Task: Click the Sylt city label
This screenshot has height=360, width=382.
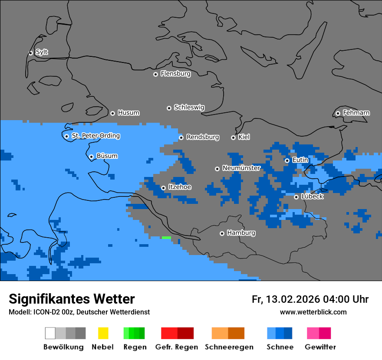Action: pyautogui.click(x=42, y=52)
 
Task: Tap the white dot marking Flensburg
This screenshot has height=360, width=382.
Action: pyautogui.click(x=155, y=74)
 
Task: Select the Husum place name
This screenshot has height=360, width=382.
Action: pyautogui.click(x=128, y=113)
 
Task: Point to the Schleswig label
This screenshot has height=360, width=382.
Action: pyautogui.click(x=189, y=107)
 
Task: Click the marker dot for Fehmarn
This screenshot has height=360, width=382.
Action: pyautogui.click(x=338, y=113)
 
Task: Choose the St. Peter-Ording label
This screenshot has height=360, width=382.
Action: pyautogui.click(x=95, y=136)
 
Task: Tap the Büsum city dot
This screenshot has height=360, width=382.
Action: pyautogui.click(x=91, y=157)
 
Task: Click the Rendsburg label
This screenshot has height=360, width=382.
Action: pyautogui.click(x=203, y=137)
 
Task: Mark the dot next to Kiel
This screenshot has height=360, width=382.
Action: pyautogui.click(x=233, y=137)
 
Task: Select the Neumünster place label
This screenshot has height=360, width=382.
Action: pyautogui.click(x=241, y=168)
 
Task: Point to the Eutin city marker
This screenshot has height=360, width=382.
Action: pyautogui.click(x=287, y=160)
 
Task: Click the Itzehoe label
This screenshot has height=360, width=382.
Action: pyautogui.click(x=180, y=187)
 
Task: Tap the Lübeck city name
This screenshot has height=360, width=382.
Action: pyautogui.click(x=312, y=196)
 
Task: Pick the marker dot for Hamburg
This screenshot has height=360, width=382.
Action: pyautogui.click(x=222, y=233)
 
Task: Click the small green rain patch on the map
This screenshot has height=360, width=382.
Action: pyautogui.click(x=166, y=238)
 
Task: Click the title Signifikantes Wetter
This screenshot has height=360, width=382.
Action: pyautogui.click(x=72, y=299)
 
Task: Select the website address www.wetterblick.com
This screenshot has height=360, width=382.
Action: pyautogui.click(x=313, y=312)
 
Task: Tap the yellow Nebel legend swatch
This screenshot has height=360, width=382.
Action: pyautogui.click(x=103, y=333)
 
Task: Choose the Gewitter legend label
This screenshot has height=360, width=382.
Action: pyautogui.click(x=320, y=347)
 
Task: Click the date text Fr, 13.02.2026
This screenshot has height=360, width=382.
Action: pyautogui.click(x=286, y=299)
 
